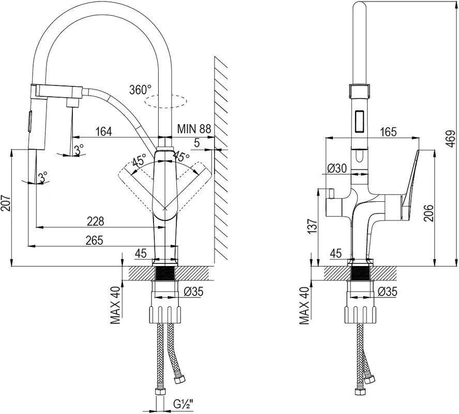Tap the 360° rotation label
coord(141,90)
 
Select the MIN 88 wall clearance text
coord(194,128)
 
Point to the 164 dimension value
coord(103,131)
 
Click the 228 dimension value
coord(96,221)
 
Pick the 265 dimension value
coord(94,240)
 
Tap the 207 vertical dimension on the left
coord(6,203)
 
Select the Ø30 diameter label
coord(336,168)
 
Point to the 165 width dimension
coord(388,132)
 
